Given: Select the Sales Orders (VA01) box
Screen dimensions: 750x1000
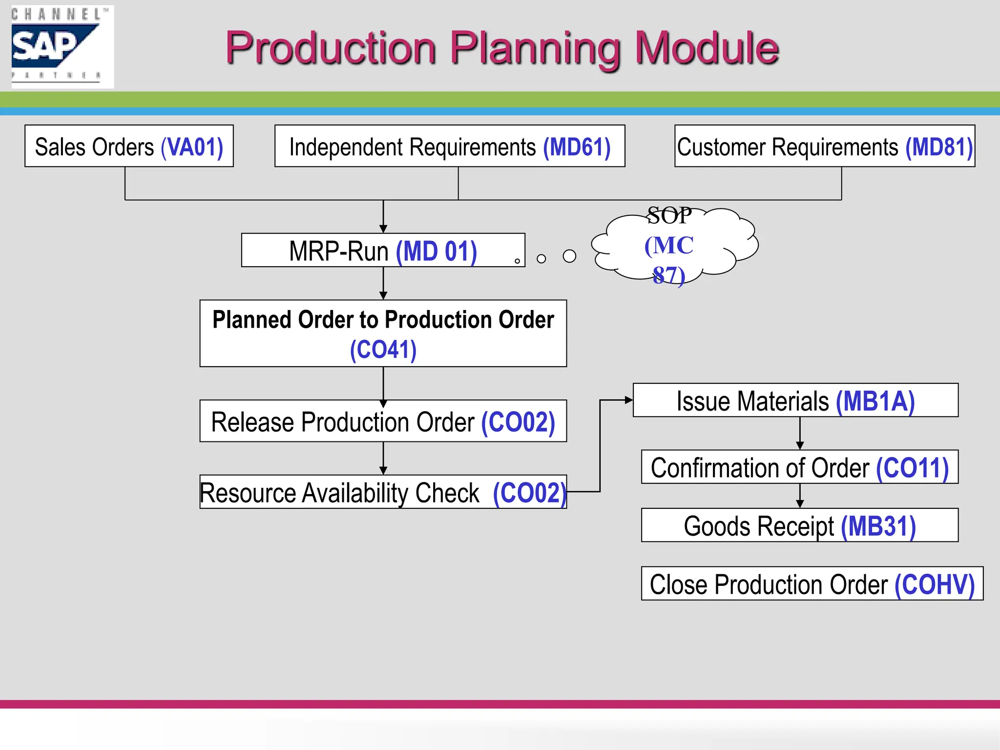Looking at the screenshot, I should [129, 146].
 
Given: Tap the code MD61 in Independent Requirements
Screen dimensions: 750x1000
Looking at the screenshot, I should [577, 147].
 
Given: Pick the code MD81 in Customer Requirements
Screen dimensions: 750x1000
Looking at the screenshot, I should [939, 147].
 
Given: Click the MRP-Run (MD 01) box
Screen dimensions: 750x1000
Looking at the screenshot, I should [383, 250].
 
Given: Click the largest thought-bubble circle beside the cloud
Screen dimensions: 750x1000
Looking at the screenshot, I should [569, 256].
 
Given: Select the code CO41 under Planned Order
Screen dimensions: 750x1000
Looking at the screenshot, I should [383, 350].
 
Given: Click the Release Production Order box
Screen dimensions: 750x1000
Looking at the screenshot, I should [383, 421].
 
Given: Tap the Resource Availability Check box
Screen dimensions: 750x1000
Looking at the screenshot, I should [383, 492].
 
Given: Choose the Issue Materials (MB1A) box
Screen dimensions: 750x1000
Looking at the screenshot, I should [795, 400].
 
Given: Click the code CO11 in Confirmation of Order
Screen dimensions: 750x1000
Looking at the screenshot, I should [912, 468].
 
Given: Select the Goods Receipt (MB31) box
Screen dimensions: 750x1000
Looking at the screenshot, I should [799, 526].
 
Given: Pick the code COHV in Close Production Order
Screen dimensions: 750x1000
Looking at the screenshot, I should [934, 584].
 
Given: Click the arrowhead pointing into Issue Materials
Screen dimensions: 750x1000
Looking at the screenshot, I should [629, 400].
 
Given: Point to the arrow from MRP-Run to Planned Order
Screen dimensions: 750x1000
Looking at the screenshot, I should [383, 283].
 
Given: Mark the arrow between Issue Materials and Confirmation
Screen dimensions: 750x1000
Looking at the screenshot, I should [800, 433].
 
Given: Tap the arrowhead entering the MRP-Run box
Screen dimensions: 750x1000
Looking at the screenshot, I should [383, 229].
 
